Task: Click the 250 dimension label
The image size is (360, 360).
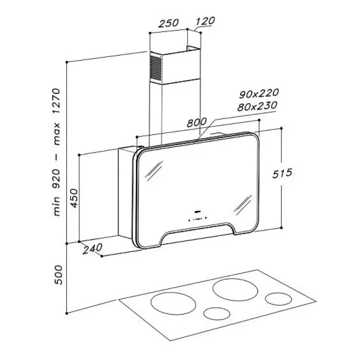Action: point(168,23)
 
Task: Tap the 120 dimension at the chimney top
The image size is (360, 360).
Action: point(205,21)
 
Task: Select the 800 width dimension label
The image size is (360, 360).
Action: point(197,122)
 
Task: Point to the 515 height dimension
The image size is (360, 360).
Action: point(282,173)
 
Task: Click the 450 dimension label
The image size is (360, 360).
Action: point(74,198)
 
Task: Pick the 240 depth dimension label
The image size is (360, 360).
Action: point(92,248)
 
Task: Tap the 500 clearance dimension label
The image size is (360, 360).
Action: point(58,275)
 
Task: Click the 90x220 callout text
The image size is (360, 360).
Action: point(259,93)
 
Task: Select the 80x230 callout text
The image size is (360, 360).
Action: point(257,106)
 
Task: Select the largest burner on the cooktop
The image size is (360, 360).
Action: point(235,289)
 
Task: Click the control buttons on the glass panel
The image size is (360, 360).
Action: point(197,218)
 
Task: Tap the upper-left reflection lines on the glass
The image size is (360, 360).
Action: point(154,170)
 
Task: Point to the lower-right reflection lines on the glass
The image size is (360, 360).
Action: point(243,205)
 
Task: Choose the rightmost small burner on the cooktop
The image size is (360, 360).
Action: point(278,298)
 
